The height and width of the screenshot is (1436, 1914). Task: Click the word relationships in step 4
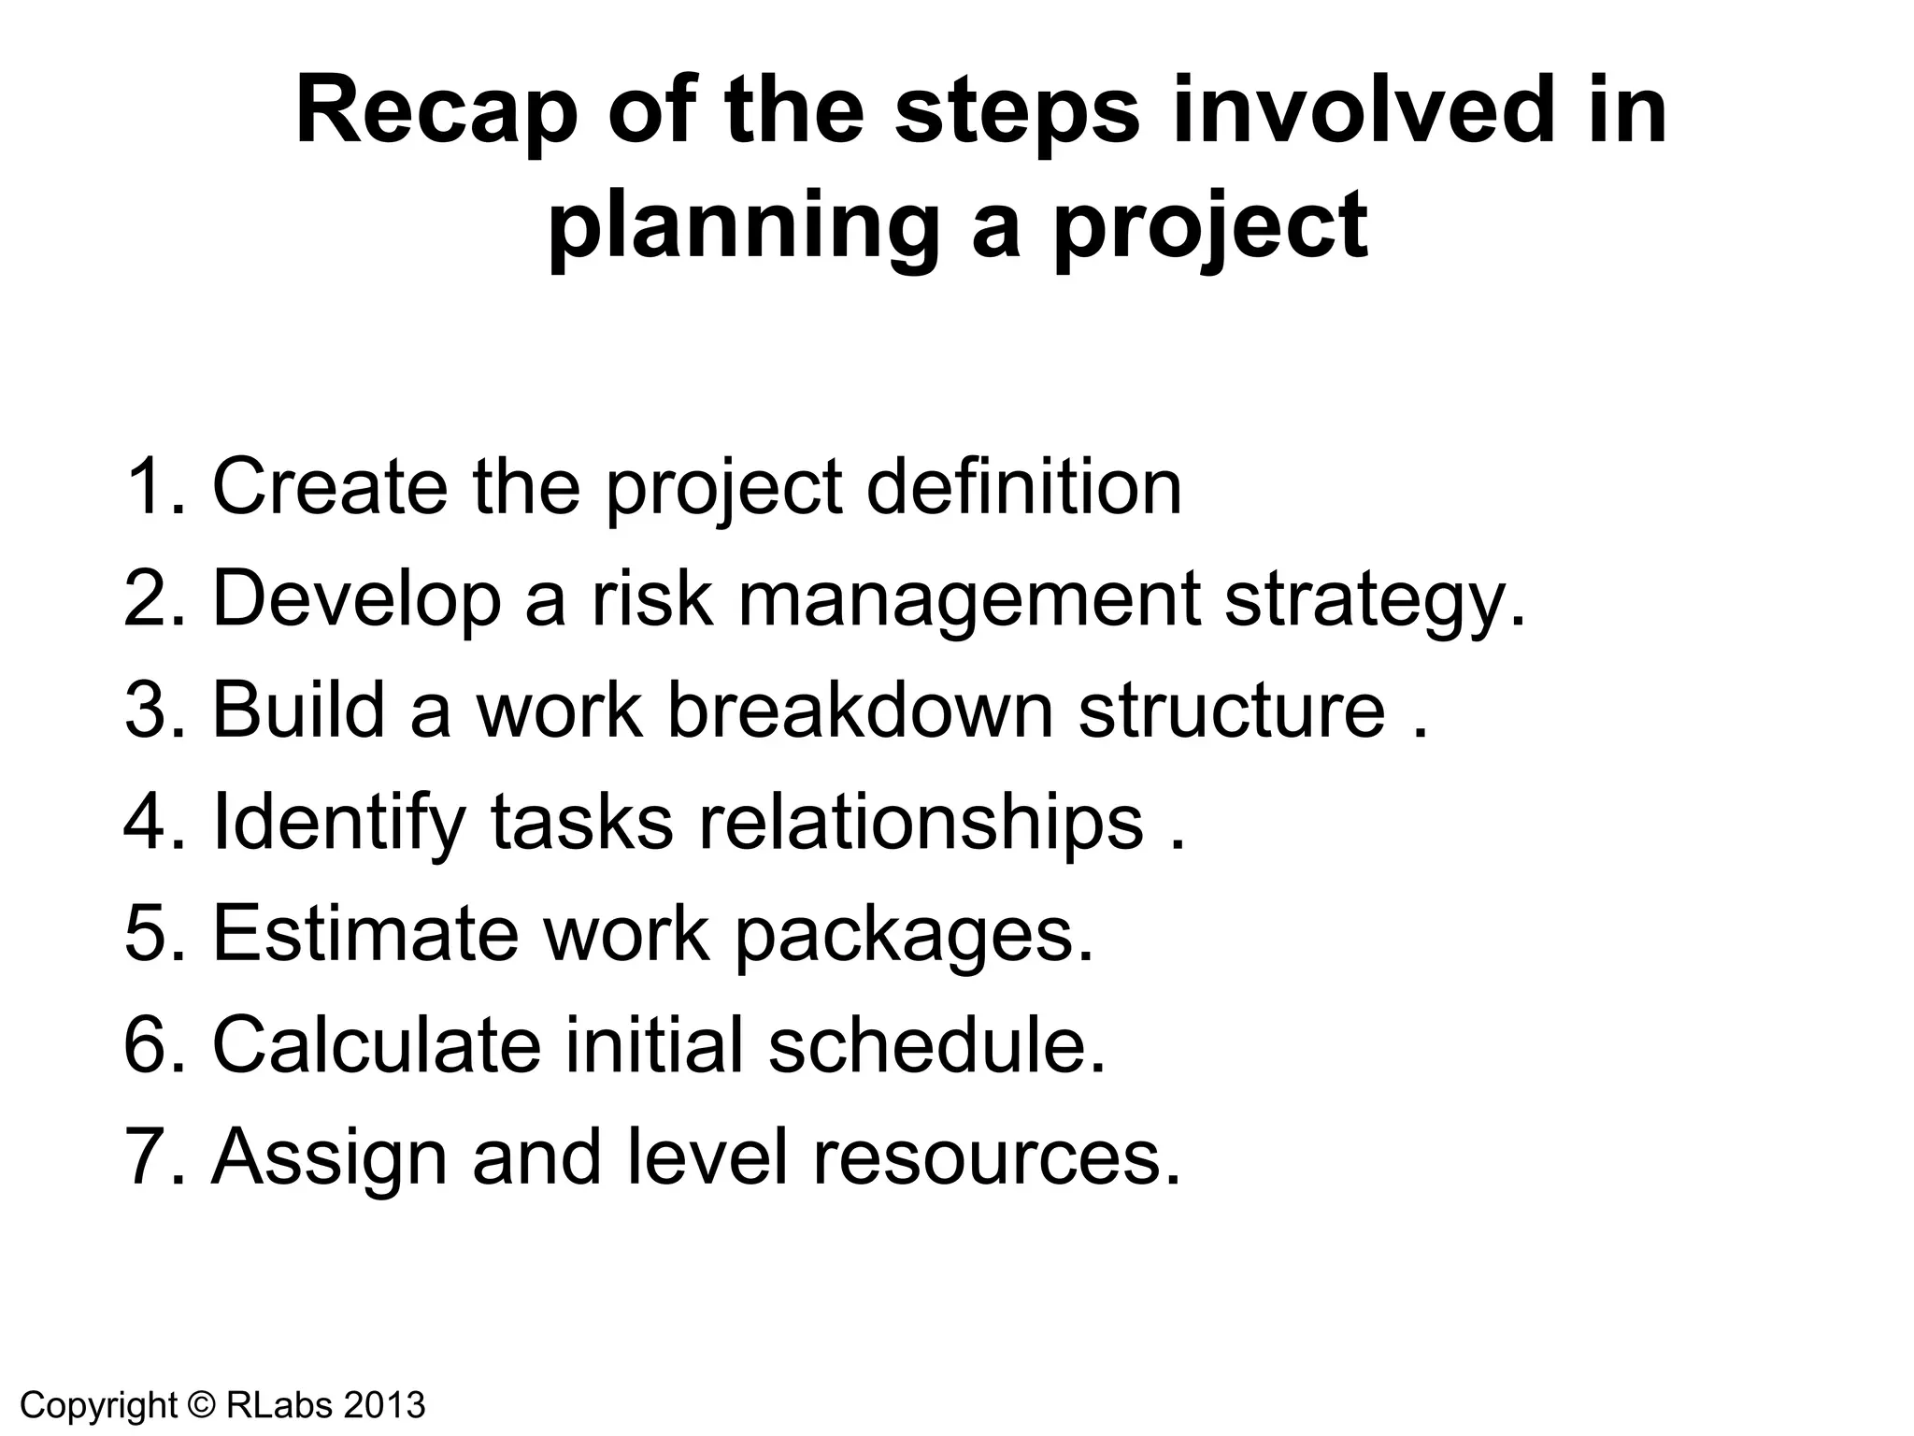921,823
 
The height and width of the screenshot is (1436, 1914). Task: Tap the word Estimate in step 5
364,933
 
